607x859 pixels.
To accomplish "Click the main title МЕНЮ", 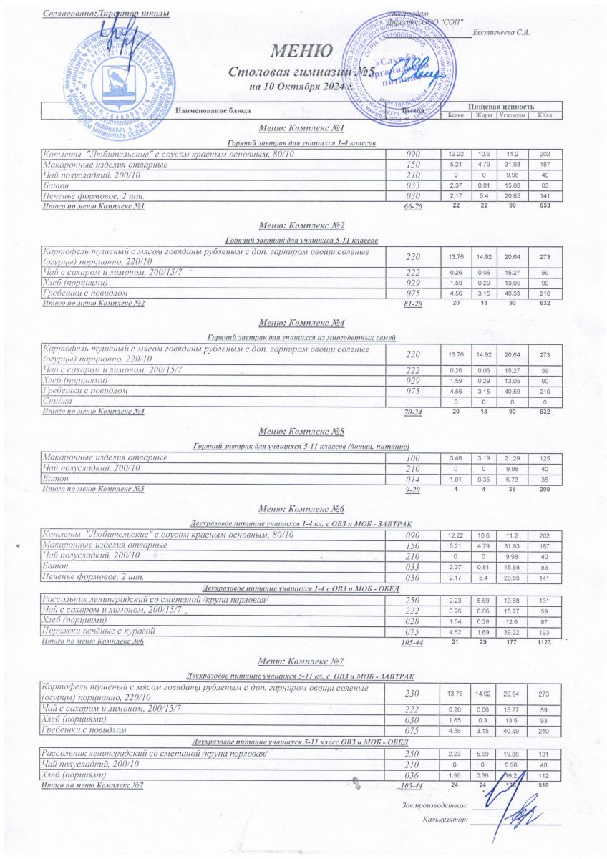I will pos(301,52).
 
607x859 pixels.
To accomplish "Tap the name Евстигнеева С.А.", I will pos(502,34).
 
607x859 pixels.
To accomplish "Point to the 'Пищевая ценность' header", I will pos(501,107).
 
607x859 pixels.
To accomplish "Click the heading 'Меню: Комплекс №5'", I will pos(301,432).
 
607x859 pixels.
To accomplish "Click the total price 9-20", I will pos(412,490).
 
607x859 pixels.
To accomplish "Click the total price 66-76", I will pos(413,207).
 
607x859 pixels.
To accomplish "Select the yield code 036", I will pos(412,775).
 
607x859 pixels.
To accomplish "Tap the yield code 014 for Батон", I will pos(412,478).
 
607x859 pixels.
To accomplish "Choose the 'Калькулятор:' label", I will pos(445,820).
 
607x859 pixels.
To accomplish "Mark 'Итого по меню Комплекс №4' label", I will pos(94,412).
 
